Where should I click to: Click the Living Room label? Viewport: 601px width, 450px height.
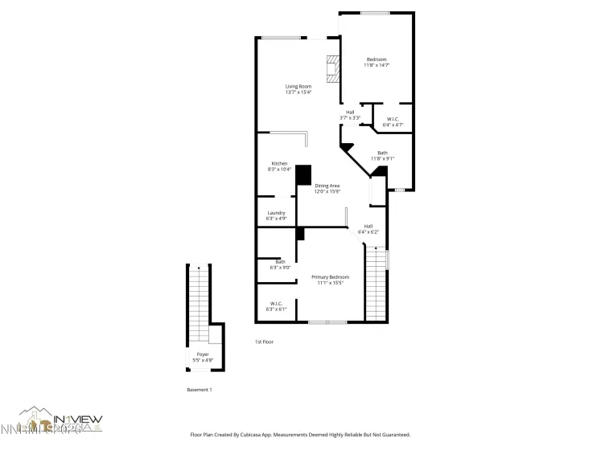pos(298,89)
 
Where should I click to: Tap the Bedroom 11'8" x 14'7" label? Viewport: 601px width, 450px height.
pos(377,62)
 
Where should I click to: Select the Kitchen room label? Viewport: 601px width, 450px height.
pos(279,166)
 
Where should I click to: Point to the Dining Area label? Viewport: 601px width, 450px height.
pos(327,188)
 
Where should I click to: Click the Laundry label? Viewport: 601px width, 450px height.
pos(276,215)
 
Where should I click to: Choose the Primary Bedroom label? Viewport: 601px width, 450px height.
pos(330,280)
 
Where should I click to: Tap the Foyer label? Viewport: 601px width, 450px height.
pos(203,357)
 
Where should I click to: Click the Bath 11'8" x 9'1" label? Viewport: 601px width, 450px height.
pos(382,155)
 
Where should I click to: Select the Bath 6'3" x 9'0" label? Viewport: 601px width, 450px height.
pos(280,264)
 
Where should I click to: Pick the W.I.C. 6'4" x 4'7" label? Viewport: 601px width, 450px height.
pos(393,121)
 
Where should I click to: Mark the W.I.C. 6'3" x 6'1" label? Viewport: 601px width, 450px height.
pos(276,306)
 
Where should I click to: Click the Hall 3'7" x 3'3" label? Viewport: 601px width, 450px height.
pos(350,115)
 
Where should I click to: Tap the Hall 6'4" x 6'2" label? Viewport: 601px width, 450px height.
pos(368,229)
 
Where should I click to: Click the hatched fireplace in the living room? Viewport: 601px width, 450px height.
pos(332,69)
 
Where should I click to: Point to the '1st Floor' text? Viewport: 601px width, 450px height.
pos(265,342)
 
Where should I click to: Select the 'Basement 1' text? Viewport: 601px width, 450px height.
pos(199,390)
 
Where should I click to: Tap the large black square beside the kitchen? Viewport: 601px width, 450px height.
pos(303,175)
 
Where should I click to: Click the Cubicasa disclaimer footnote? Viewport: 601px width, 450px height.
pos(300,435)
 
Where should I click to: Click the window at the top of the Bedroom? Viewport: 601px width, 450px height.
pos(374,12)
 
